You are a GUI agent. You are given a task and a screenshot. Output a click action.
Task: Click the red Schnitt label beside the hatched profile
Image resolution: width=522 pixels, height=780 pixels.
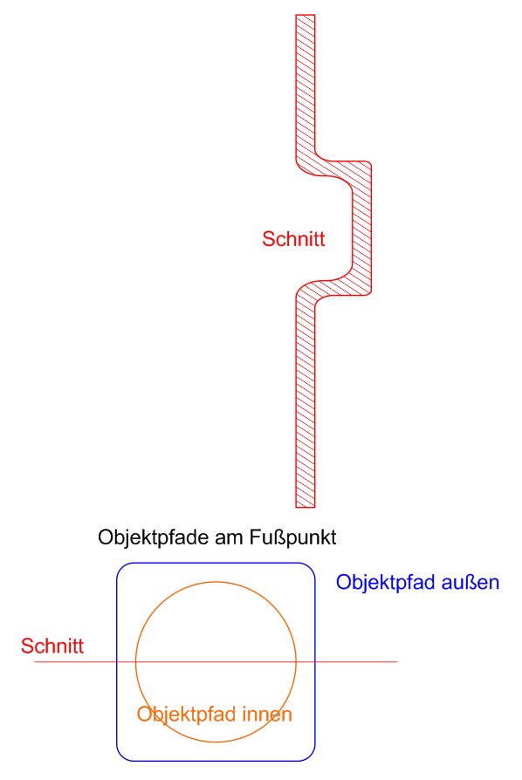tap(293, 239)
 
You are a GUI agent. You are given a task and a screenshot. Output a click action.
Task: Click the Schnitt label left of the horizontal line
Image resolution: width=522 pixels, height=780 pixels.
tap(52, 646)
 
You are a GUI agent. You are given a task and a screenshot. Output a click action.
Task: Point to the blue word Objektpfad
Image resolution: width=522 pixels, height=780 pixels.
tap(386, 583)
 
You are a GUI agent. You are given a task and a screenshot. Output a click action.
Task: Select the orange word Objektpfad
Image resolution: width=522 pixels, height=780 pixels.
tap(187, 715)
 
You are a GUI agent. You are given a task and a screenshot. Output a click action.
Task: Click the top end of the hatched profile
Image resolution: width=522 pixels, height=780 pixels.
tap(305, 15)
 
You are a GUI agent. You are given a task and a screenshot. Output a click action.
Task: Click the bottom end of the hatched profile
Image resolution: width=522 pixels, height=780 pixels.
tap(305, 507)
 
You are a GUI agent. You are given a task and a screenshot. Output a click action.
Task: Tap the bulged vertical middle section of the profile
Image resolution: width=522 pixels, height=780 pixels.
tap(361, 229)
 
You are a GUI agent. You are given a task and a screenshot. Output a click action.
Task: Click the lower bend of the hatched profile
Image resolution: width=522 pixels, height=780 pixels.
tap(333, 289)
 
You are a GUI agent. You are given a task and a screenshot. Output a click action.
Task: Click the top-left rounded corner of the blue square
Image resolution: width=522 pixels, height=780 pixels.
tap(122, 568)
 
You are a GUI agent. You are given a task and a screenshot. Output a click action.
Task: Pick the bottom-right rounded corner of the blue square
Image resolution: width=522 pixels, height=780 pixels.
tap(310, 756)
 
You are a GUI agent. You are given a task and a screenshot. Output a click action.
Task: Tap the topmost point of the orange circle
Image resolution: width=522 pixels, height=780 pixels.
tap(216, 582)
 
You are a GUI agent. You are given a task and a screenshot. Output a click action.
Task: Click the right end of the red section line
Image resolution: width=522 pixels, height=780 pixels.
tap(397, 661)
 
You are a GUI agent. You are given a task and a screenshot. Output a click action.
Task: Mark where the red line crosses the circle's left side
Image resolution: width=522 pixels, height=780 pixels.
tap(136, 661)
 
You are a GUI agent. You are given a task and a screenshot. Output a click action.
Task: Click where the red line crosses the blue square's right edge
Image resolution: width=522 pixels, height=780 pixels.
tap(315, 661)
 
